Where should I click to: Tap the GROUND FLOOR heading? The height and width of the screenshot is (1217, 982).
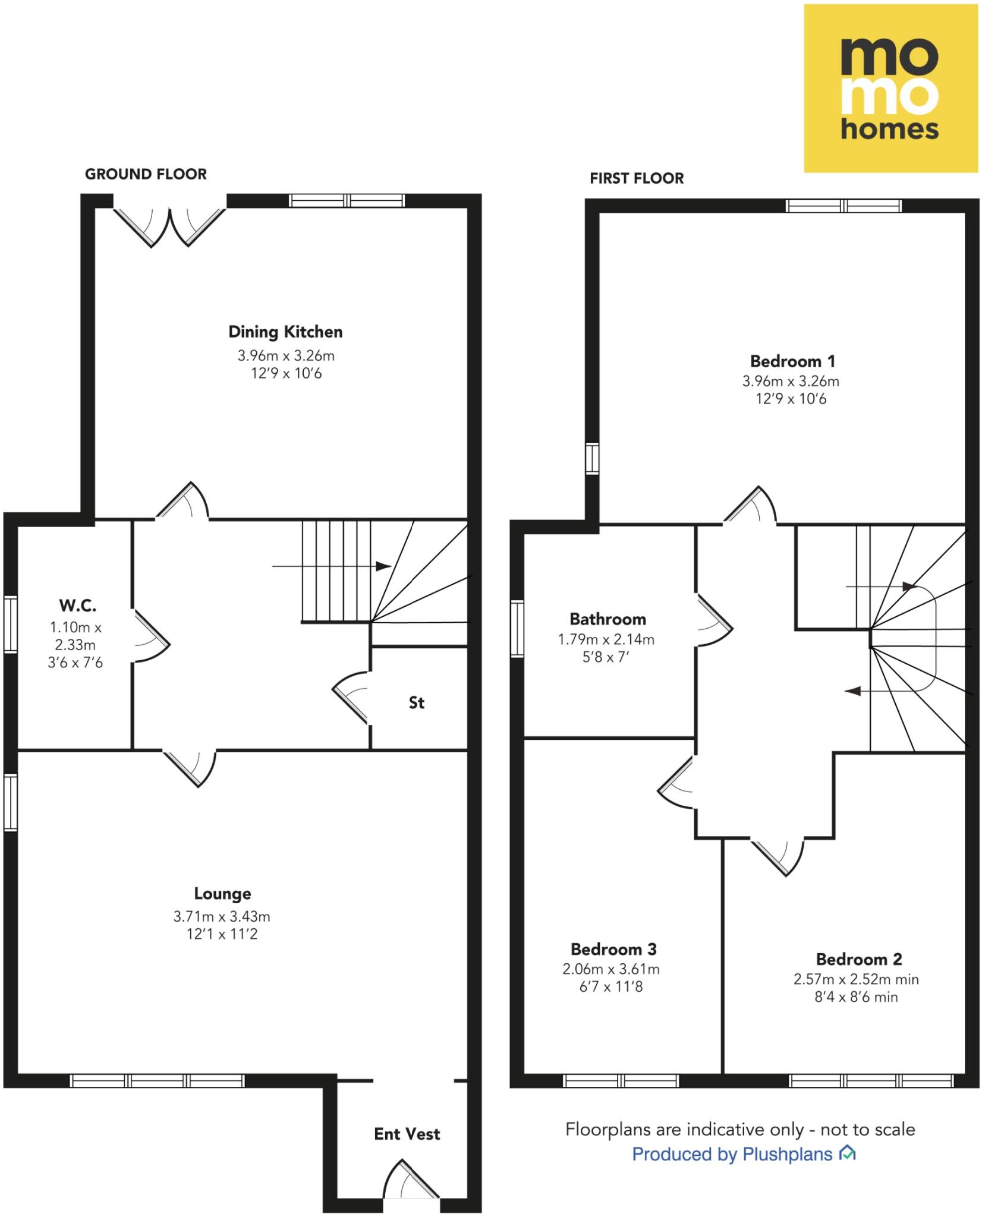(146, 174)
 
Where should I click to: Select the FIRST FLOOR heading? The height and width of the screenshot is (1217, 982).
(637, 178)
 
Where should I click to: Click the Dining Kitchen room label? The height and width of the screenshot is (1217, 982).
(285, 332)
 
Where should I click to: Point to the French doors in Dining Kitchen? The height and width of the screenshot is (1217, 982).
(170, 226)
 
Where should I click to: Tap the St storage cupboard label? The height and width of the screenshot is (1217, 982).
(417, 703)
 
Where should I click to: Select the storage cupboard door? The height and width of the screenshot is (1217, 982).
(351, 698)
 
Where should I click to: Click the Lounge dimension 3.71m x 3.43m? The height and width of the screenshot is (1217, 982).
(222, 916)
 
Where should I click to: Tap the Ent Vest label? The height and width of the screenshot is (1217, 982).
(407, 1134)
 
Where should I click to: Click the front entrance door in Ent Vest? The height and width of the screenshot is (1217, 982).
(411, 1183)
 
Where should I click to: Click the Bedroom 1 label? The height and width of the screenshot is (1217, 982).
(792, 361)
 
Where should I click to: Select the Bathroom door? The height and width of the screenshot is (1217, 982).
(714, 621)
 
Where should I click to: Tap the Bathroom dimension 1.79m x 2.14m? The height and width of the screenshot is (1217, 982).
(606, 639)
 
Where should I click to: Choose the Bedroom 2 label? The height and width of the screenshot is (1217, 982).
(859, 959)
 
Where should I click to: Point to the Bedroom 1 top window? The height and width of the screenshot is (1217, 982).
(843, 206)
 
